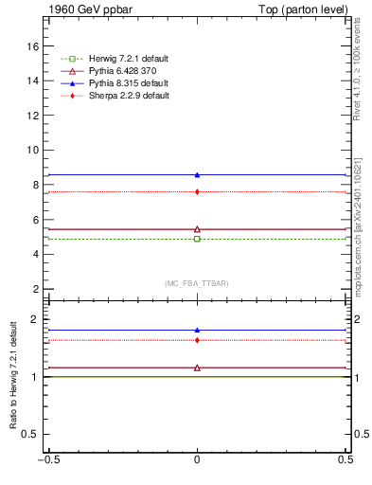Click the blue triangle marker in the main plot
coord(197,174)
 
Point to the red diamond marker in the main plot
coord(197,192)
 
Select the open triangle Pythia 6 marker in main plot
coord(197,228)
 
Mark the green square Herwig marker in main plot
coord(197,239)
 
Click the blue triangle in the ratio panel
coord(197,330)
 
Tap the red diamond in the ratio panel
coord(197,340)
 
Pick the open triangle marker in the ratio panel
coord(197,367)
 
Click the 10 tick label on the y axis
coord(32,150)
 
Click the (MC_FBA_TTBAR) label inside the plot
coord(197,283)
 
